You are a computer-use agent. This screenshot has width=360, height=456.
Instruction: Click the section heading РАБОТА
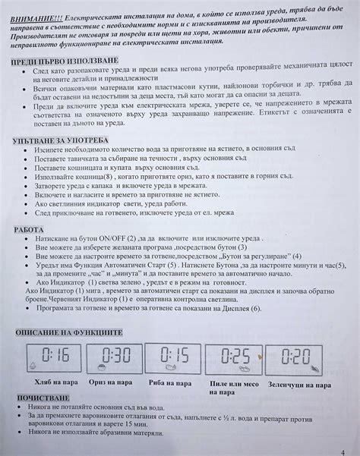pyautogui.click(x=30, y=229)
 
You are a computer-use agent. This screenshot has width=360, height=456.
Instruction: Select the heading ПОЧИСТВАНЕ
pyautogui.click(x=42, y=398)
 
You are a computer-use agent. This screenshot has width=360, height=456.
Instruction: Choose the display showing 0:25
pyautogui.click(x=236, y=356)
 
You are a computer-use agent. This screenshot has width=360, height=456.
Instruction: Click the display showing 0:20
pyautogui.click(x=299, y=356)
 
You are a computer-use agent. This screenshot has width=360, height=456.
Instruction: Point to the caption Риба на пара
pyautogui.click(x=175, y=383)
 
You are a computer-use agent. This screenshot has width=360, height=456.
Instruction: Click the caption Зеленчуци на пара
pyautogui.click(x=299, y=384)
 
